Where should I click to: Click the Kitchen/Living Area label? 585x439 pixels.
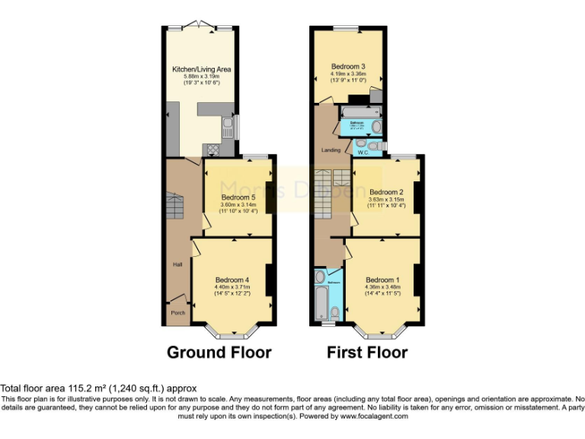click(201, 69)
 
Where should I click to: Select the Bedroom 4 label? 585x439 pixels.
click(232, 279)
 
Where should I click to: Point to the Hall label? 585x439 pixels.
click(177, 264)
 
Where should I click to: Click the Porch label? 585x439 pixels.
click(177, 312)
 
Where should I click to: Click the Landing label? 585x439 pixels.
click(331, 149)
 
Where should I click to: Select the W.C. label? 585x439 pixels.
click(364, 152)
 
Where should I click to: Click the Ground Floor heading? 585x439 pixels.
click(219, 352)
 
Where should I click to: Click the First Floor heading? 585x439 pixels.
click(366, 352)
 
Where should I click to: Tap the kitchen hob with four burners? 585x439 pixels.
click(211, 149)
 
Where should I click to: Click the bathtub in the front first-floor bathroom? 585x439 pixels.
click(319, 302)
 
